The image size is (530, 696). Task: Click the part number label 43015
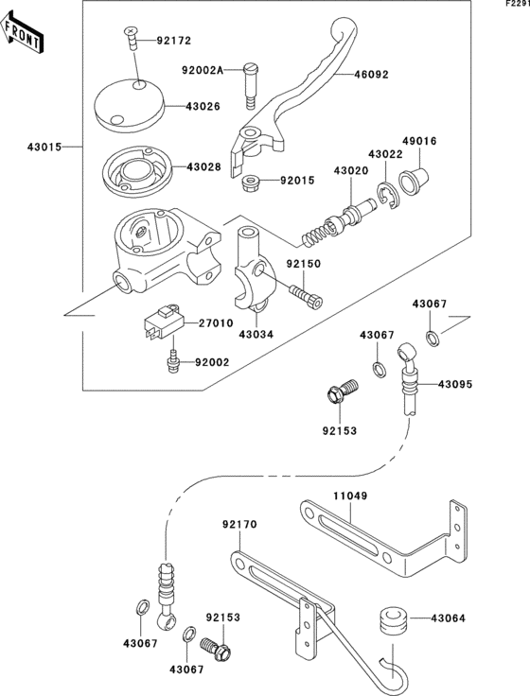point(44,147)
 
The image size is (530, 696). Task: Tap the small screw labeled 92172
point(131,38)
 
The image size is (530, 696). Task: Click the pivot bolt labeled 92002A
point(251,88)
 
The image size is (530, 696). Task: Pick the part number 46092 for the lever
point(371,75)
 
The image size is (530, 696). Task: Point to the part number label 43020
point(351,170)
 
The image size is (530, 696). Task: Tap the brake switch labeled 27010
point(163,322)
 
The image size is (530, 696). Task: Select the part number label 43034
point(256,334)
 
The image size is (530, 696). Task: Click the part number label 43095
point(455,384)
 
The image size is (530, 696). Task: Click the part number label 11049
point(350,496)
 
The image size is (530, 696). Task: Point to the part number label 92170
point(239,525)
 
